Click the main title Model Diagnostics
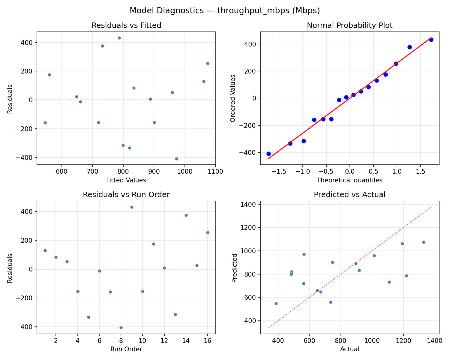pyautogui.click(x=225, y=11)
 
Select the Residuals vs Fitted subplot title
pyautogui.click(x=126, y=25)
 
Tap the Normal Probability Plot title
pyautogui.click(x=349, y=25)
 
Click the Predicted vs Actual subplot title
pyautogui.click(x=349, y=195)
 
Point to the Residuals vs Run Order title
pyautogui.click(x=126, y=195)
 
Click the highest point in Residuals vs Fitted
pyautogui.click(x=119, y=38)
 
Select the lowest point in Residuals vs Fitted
pyautogui.click(x=176, y=159)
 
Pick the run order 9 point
pyautogui.click(x=132, y=207)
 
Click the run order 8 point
pyautogui.click(x=121, y=328)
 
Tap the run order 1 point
pyautogui.click(x=45, y=250)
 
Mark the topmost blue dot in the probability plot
pyautogui.click(x=431, y=40)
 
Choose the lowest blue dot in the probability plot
pyautogui.click(x=268, y=154)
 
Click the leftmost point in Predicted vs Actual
pyautogui.click(x=276, y=304)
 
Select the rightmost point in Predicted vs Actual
pyautogui.click(x=424, y=242)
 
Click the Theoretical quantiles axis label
pyautogui.click(x=349, y=180)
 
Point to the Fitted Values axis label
pyautogui.click(x=126, y=180)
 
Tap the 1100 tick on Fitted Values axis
pyautogui.click(x=215, y=172)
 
